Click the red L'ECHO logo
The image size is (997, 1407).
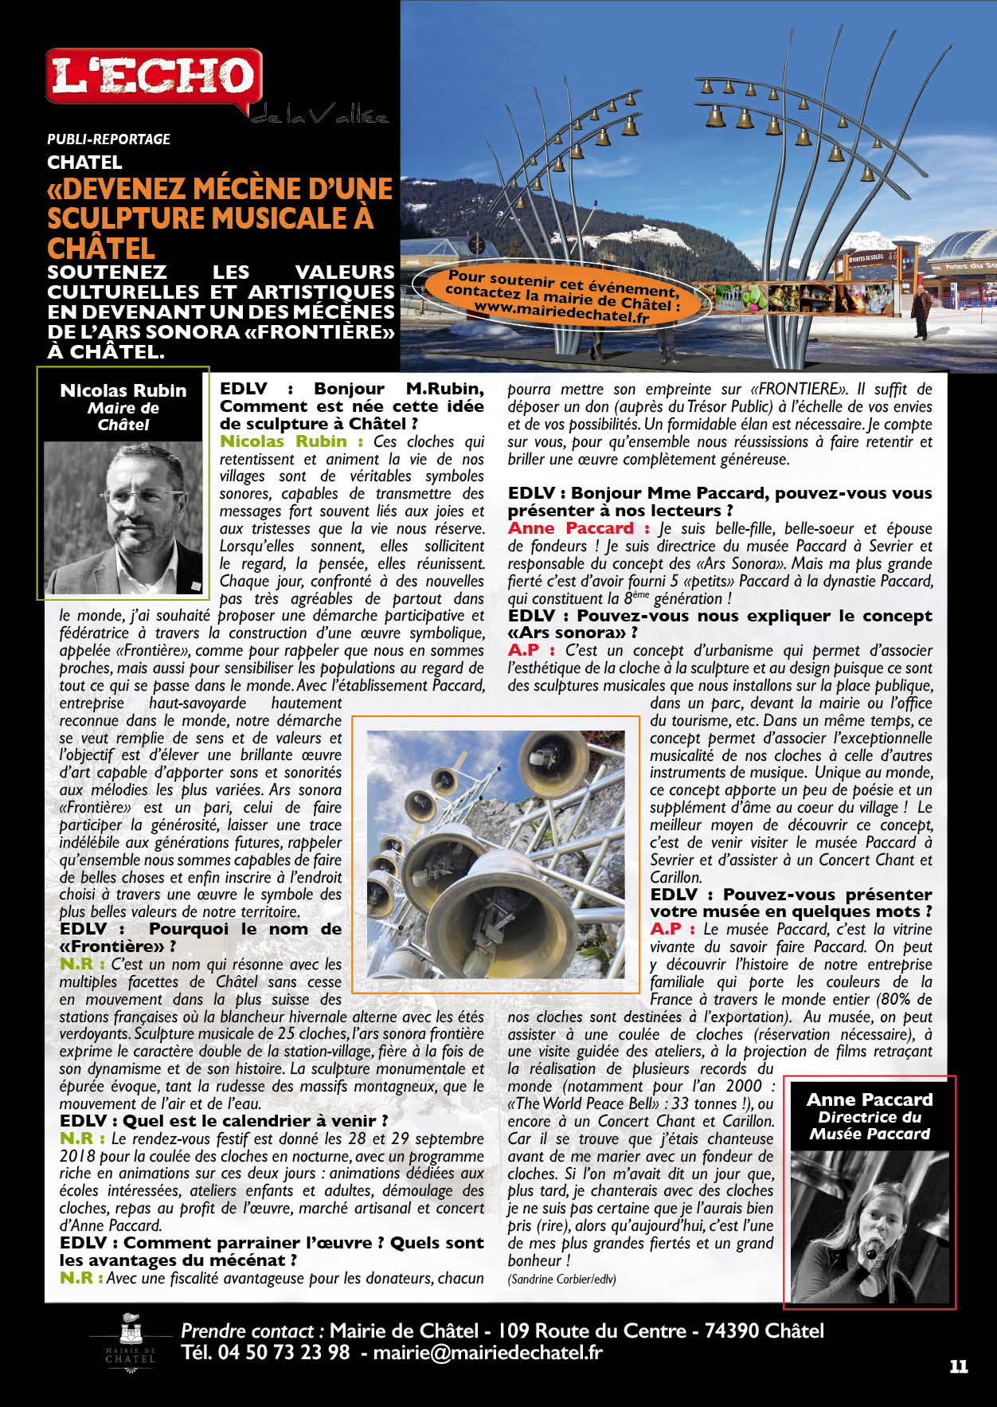pyautogui.click(x=154, y=76)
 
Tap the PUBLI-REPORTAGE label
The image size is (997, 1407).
pyautogui.click(x=108, y=139)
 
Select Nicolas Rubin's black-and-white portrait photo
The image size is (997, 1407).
pyautogui.click(x=123, y=518)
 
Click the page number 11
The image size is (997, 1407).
pyautogui.click(x=959, y=1366)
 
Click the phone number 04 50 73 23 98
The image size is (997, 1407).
pyautogui.click(x=265, y=1352)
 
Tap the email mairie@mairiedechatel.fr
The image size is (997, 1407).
pyautogui.click(x=487, y=1352)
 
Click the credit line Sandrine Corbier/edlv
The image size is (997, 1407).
pyautogui.click(x=561, y=1279)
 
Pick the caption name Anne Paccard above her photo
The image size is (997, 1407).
pyautogui.click(x=870, y=1099)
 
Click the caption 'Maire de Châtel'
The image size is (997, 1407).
pyautogui.click(x=123, y=416)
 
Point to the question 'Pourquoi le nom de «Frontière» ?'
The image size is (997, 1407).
pyautogui.click(x=200, y=938)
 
